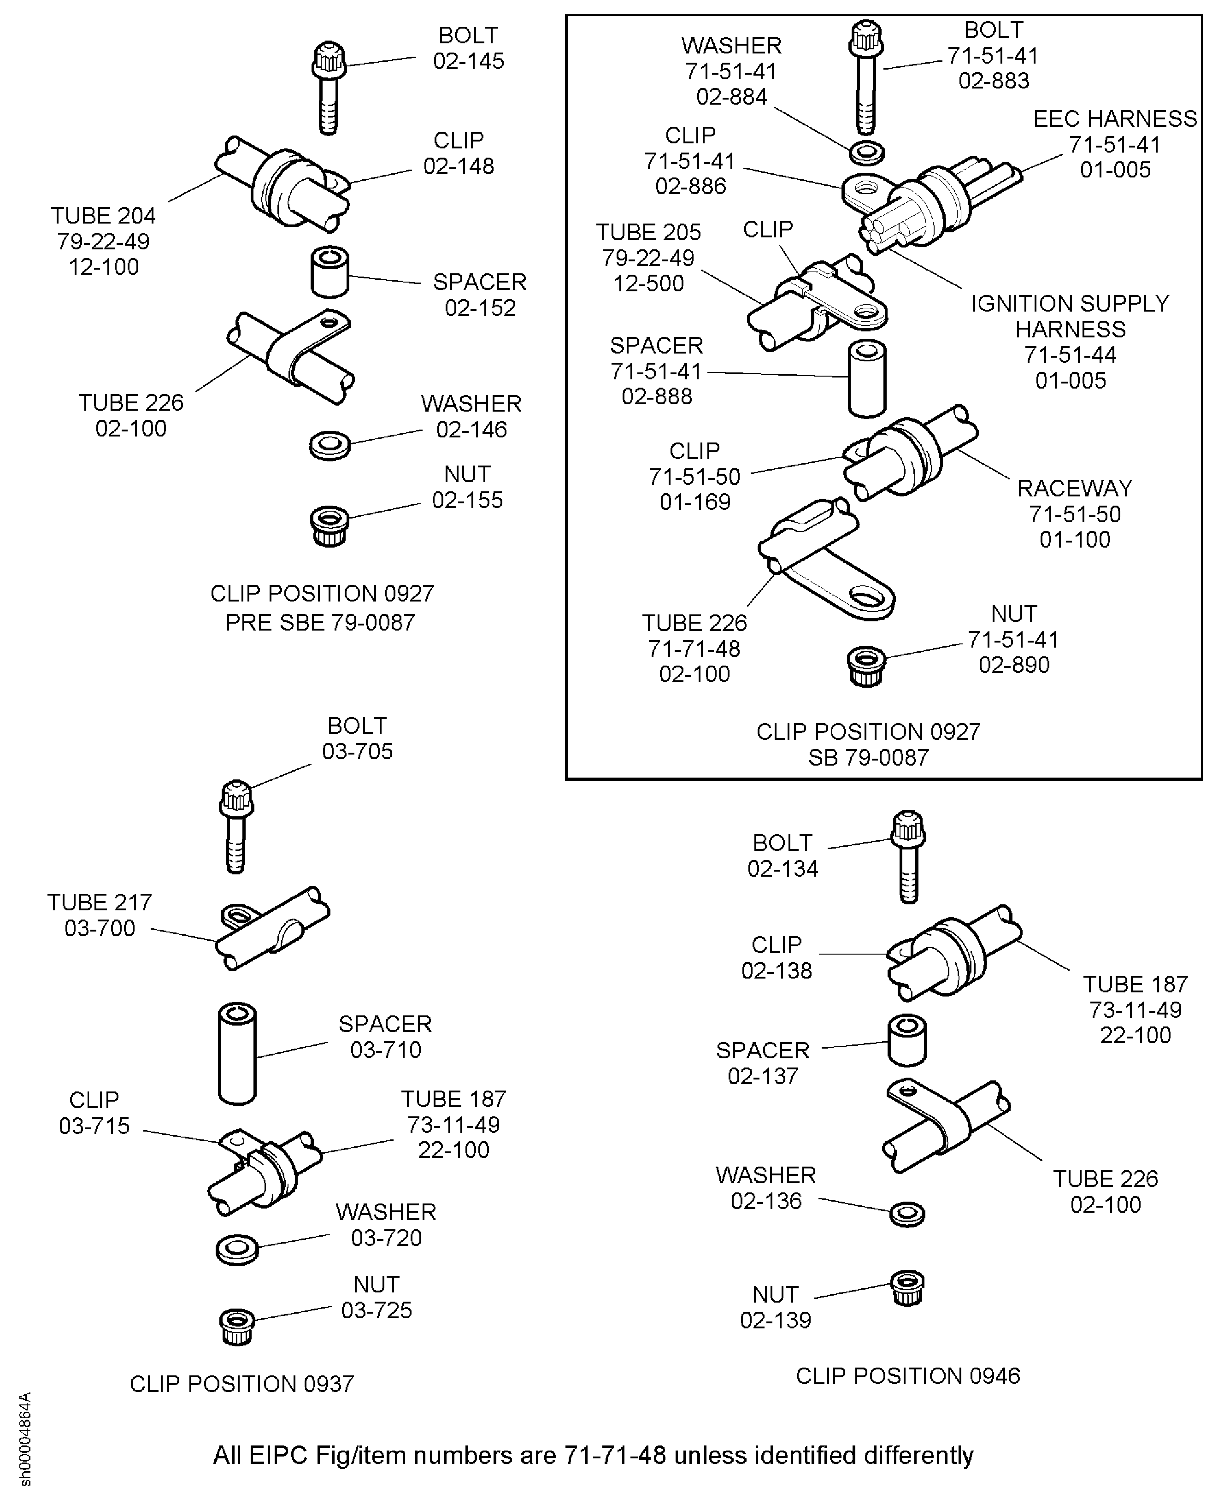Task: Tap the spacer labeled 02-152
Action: tap(330, 272)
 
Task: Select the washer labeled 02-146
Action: tap(330, 445)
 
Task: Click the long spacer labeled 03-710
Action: tap(237, 1053)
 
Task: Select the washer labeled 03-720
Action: tap(237, 1249)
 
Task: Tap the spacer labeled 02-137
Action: tap(907, 1040)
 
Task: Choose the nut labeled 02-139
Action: tap(908, 1288)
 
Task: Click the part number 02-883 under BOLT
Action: tap(994, 81)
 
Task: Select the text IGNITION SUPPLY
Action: tap(1070, 303)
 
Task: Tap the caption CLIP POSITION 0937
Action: tap(242, 1383)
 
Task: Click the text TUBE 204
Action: tap(103, 215)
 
